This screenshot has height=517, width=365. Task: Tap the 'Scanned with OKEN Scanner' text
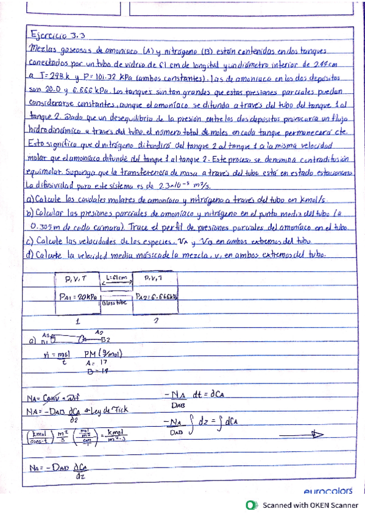310,505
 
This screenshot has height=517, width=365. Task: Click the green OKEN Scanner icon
249,505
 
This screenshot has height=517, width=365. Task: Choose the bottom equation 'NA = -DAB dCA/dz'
59,471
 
